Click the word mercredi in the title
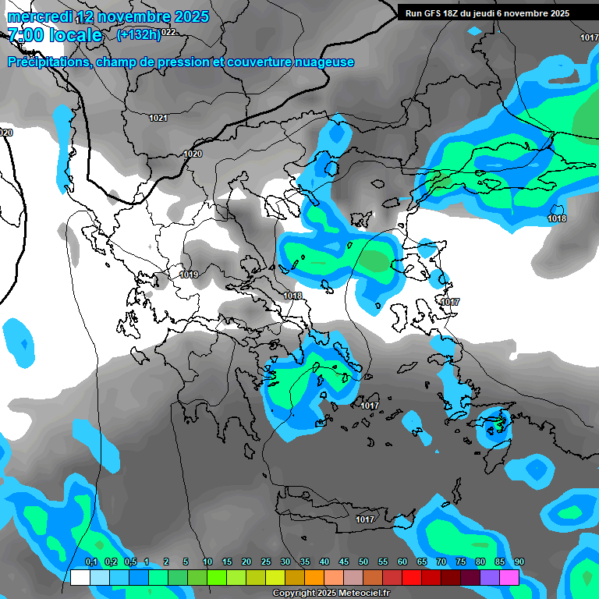pyautogui.click(x=35, y=16)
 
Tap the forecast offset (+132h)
pyautogui.click(x=138, y=34)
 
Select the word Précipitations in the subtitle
pyautogui.click(x=48, y=62)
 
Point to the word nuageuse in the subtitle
pyautogui.click(x=323, y=62)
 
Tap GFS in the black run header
pyautogui.click(x=432, y=13)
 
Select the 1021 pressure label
pyautogui.click(x=158, y=118)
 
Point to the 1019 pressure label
pyautogui.click(x=189, y=275)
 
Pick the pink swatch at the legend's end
pyautogui.click(x=509, y=577)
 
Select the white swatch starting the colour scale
pyautogui.click(x=80, y=577)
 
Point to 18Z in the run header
pyautogui.click(x=454, y=13)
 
